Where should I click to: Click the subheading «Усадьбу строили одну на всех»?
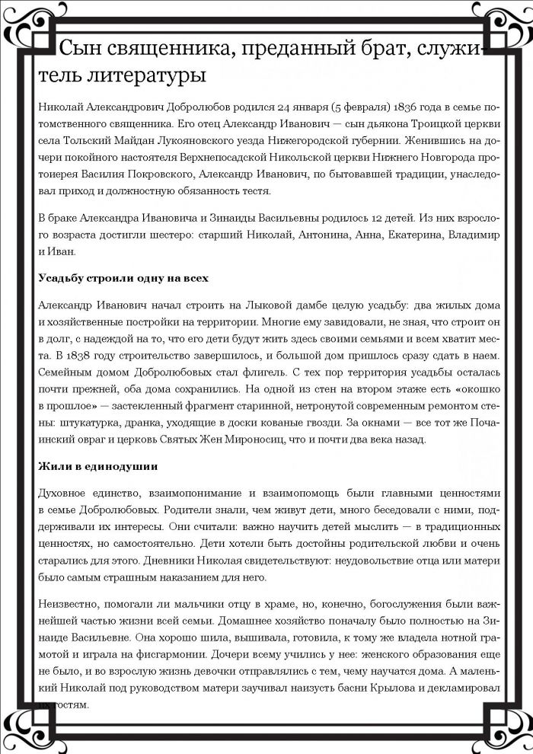[123, 279]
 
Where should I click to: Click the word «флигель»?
[231, 375]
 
